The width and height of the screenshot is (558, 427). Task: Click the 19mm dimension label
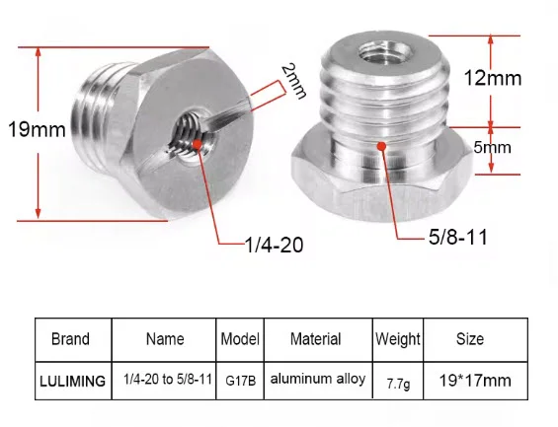pos(37,129)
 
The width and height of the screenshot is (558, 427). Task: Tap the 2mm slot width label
pos(294,81)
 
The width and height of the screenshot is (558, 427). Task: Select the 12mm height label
pos(493,78)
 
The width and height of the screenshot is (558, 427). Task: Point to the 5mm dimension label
pos(493,147)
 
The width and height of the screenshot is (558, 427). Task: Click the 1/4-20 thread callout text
pos(275,245)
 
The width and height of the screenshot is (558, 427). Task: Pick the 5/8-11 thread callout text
pos(458,237)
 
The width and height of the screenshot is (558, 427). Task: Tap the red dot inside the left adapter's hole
pos(198,144)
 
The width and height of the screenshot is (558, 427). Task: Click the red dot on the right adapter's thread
pos(382,146)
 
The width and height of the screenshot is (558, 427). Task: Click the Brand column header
pos(70,339)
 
